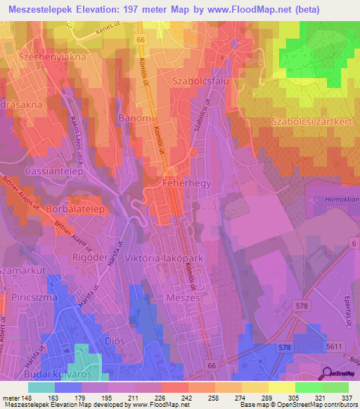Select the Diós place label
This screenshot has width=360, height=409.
pos(113,340)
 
